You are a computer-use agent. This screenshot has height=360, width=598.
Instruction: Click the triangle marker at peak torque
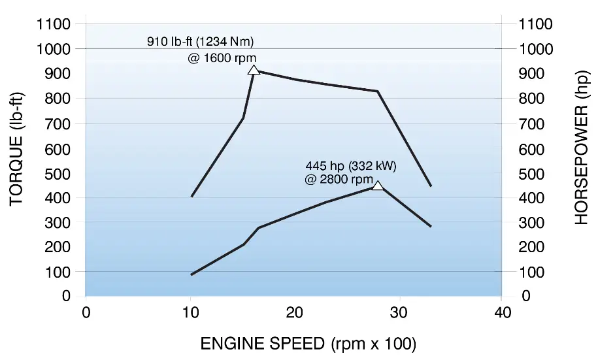[x=254, y=70]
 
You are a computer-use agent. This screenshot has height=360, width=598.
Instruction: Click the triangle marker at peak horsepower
[x=377, y=186]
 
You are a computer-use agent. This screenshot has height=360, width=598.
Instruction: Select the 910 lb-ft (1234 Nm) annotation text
[x=200, y=42]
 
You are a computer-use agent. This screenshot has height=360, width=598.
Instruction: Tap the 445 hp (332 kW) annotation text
[x=351, y=165]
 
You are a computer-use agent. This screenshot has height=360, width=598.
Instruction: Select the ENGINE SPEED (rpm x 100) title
[x=308, y=343]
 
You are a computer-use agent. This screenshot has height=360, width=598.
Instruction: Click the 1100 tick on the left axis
[x=56, y=24]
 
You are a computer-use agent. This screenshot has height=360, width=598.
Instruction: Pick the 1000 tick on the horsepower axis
[x=536, y=49]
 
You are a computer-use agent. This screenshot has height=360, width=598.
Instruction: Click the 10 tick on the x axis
[x=190, y=312]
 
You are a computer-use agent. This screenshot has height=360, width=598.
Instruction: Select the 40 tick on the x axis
[x=501, y=312]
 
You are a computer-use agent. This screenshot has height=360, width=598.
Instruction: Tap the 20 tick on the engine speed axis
[x=295, y=312]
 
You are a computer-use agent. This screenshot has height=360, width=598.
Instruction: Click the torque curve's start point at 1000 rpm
[x=191, y=196]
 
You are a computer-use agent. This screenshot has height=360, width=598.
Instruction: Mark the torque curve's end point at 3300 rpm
[x=431, y=186]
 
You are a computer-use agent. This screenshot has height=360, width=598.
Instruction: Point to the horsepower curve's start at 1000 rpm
[x=191, y=274]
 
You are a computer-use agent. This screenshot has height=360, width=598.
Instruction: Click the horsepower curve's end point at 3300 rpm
[x=431, y=227]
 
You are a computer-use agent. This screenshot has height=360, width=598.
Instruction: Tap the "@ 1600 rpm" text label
[x=222, y=57]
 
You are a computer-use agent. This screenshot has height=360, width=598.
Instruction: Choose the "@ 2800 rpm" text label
[x=339, y=179]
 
